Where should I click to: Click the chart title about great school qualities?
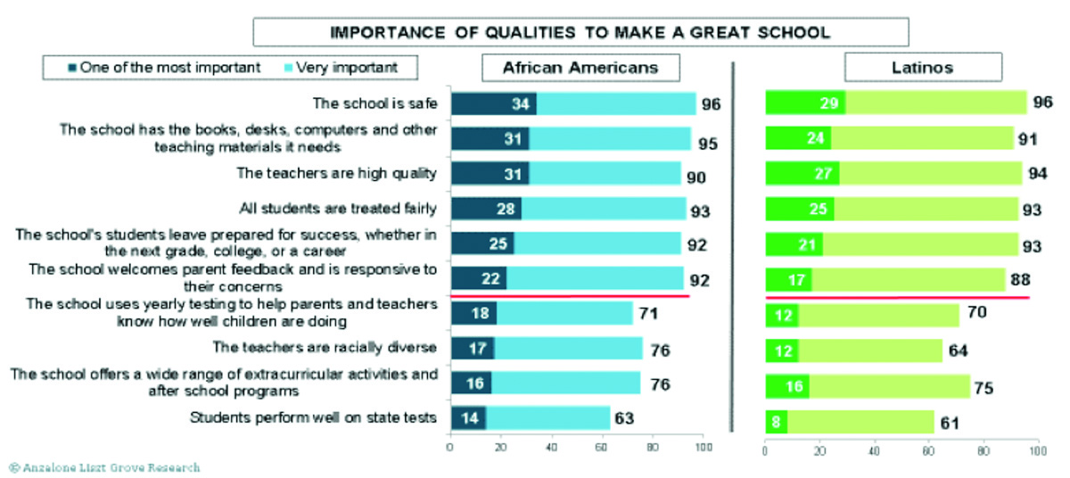pos(580,33)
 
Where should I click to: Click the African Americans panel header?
pos(580,68)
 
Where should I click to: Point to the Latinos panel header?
pos(924,68)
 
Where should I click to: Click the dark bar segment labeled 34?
pos(493,103)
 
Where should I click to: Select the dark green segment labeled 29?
pos(805,103)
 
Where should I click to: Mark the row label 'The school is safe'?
pos(374,103)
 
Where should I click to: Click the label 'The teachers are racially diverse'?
pos(325,347)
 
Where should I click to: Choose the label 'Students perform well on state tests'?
pos(315,416)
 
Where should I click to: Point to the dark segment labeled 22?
pos(479,278)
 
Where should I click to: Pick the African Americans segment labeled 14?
pos(468,417)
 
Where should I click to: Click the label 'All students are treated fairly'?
pos(338,209)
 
